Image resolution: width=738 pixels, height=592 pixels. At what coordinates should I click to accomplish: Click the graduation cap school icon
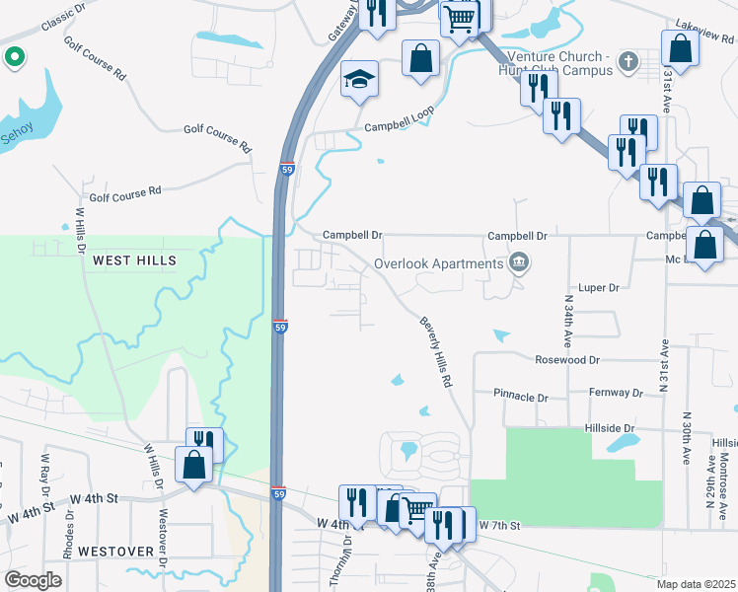(x=359, y=79)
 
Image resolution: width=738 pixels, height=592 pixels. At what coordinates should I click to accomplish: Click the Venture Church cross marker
(x=627, y=63)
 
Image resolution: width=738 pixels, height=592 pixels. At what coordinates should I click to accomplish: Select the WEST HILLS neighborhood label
(x=134, y=260)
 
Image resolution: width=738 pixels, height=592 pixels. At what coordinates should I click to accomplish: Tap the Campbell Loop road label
(x=399, y=120)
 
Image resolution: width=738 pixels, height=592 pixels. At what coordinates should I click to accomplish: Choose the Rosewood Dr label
(x=566, y=361)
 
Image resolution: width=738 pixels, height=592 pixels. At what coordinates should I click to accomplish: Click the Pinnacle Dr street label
(x=521, y=397)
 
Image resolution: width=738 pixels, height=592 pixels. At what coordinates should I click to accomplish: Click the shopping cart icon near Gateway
(x=459, y=17)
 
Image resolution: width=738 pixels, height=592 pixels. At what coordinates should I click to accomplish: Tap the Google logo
(x=35, y=580)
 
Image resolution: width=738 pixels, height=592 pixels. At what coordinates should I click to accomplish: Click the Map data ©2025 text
(x=697, y=584)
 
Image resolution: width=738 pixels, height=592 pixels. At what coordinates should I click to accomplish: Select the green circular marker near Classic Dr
(x=14, y=58)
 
